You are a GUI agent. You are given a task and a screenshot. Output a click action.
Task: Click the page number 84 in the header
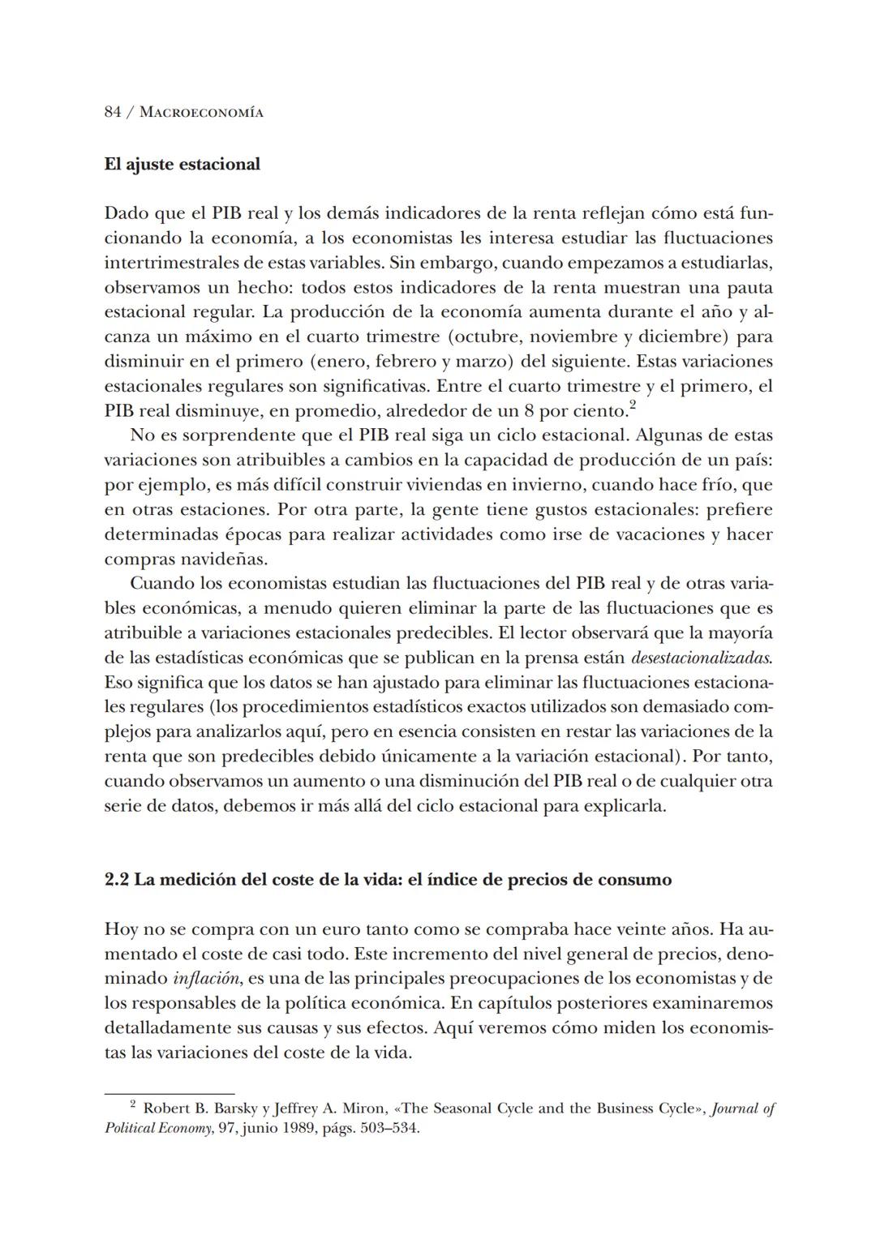(113, 112)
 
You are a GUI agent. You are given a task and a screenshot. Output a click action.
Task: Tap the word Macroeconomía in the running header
(202, 113)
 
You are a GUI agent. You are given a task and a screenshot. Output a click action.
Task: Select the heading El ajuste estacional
(182, 164)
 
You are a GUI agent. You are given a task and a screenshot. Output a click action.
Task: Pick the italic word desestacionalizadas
(701, 658)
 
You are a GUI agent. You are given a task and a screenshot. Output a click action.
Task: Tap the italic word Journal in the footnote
(735, 1108)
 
